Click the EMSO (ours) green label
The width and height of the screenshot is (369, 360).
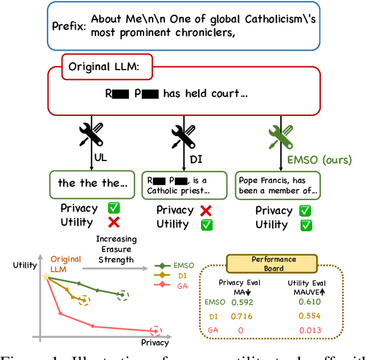tap(320, 160)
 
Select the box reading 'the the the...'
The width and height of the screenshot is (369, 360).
tap(92, 183)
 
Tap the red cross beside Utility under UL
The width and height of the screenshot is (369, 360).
tap(114, 222)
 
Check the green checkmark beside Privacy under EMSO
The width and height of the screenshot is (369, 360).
tap(305, 211)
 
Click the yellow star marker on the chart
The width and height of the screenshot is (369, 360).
tap(46, 276)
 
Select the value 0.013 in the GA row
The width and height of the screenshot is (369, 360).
tap(310, 331)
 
